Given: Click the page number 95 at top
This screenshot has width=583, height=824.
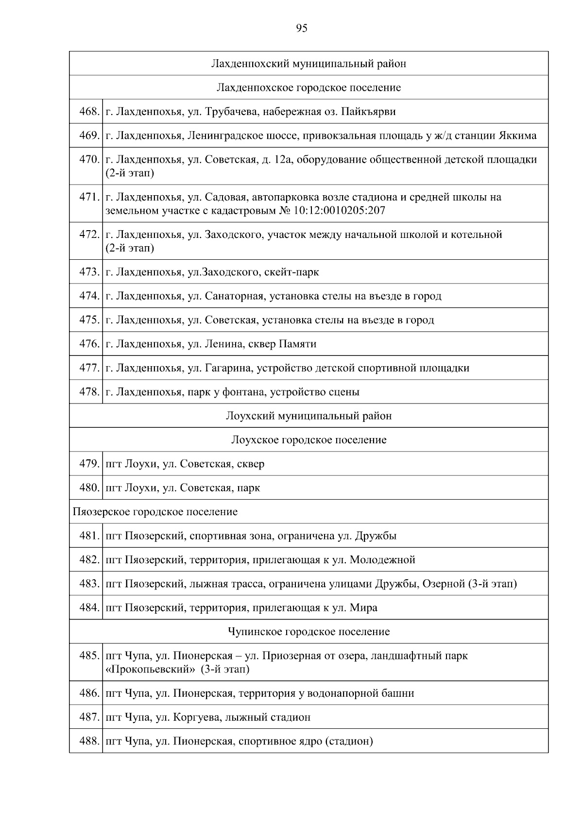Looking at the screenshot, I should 301,29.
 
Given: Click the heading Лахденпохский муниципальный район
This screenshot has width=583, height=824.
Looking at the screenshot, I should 309,64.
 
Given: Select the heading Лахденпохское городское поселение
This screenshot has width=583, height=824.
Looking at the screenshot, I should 309,88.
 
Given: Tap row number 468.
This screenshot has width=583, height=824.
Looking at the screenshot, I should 89,112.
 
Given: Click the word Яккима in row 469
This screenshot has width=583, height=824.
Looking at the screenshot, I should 517,135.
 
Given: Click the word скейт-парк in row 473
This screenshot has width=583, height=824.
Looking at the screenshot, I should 291,272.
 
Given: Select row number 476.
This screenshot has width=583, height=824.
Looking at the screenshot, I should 89,344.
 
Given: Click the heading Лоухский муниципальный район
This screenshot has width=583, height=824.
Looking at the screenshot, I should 309,416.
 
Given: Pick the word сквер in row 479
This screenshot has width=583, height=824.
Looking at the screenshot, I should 251,464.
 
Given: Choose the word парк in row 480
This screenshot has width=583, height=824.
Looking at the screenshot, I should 248,488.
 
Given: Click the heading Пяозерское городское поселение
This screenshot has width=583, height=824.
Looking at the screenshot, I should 155,512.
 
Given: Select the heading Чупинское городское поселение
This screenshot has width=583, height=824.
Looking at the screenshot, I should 309,632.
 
